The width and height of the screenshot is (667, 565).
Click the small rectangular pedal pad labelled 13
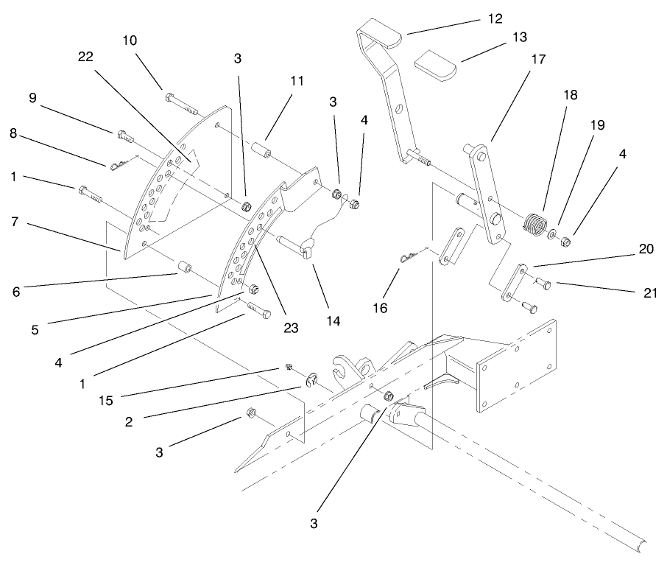(435, 64)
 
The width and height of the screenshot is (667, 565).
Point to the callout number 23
(291, 329)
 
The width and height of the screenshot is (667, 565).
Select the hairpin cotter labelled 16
(407, 256)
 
